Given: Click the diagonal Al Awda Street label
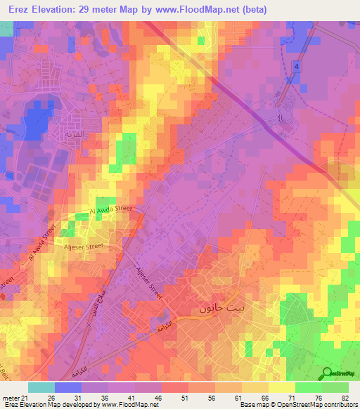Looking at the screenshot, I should click(40, 243).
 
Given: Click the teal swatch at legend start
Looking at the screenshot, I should click(41, 387).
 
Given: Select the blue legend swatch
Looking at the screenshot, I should click(67, 387).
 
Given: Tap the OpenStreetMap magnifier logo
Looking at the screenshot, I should click(326, 373).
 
